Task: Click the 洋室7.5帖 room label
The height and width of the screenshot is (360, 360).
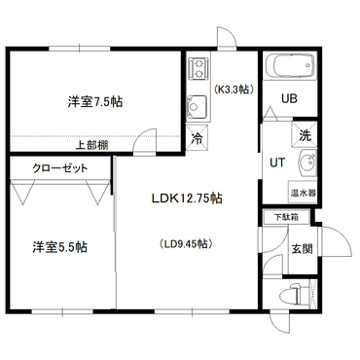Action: tap(95, 102)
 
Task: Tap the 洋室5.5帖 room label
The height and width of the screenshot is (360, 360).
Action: tap(59, 247)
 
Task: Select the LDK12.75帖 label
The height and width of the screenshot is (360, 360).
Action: tap(187, 198)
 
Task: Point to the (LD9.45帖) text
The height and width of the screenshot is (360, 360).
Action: tap(186, 243)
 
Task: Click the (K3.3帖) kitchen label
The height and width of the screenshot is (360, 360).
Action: tap(234, 90)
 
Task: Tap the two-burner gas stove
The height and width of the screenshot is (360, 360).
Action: tap(198, 68)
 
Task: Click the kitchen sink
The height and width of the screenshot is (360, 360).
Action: tap(197, 107)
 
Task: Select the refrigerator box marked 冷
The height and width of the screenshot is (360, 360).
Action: tap(197, 138)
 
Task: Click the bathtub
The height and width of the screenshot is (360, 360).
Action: tap(289, 65)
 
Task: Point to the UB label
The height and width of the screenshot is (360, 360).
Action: tap(289, 98)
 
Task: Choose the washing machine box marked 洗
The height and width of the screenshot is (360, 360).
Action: tap(305, 134)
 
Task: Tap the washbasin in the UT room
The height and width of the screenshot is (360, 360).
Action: tap(308, 162)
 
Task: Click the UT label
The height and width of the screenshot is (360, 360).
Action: tap(277, 162)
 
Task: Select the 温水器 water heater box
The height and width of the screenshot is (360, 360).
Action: tap(303, 193)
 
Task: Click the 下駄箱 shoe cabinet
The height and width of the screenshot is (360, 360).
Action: tap(287, 217)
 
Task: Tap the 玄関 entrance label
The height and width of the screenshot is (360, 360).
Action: tap(303, 249)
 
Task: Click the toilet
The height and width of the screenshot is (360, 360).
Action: tap(290, 294)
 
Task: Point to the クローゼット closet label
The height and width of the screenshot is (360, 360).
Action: tap(60, 168)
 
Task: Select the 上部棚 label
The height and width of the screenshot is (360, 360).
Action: tap(92, 145)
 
